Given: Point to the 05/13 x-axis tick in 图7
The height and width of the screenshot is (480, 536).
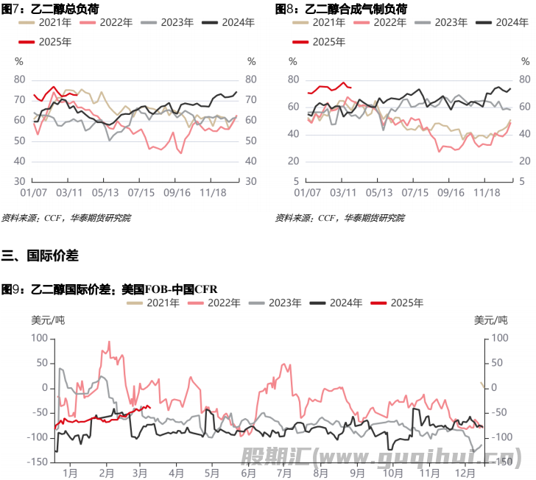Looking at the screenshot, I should pyautogui.click(x=106, y=193).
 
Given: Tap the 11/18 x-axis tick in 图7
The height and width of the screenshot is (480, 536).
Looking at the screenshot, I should pyautogui.click(x=213, y=193).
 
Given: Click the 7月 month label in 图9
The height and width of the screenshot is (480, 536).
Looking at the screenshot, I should pyautogui.click(x=281, y=471).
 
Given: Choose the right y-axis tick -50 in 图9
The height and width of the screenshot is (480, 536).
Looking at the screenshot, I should pyautogui.click(x=499, y=412).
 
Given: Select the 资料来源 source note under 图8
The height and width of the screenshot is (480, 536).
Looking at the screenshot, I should pyautogui.click(x=339, y=218).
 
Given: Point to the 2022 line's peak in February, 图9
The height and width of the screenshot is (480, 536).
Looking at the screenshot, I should pyautogui.click(x=109, y=342).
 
